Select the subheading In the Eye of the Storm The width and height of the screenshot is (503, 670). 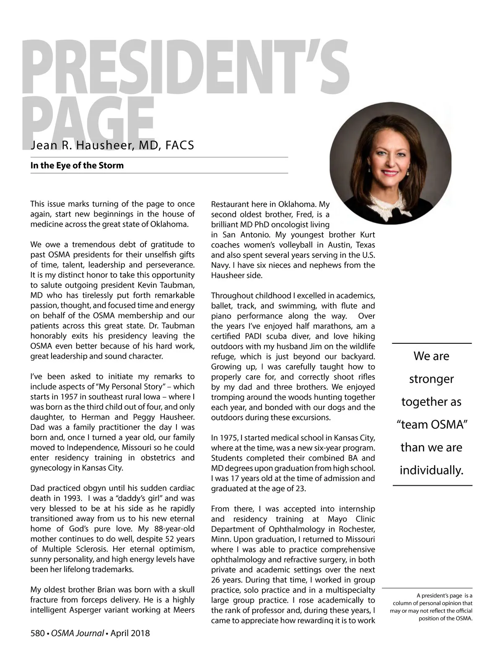coord(77,165)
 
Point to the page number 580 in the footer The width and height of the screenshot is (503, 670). coord(37,633)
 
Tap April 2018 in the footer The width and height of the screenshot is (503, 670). coord(130,633)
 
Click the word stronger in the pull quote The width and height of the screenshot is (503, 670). coord(431,379)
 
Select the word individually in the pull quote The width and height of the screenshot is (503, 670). coord(431,470)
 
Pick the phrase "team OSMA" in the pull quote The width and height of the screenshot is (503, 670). coord(432,425)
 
